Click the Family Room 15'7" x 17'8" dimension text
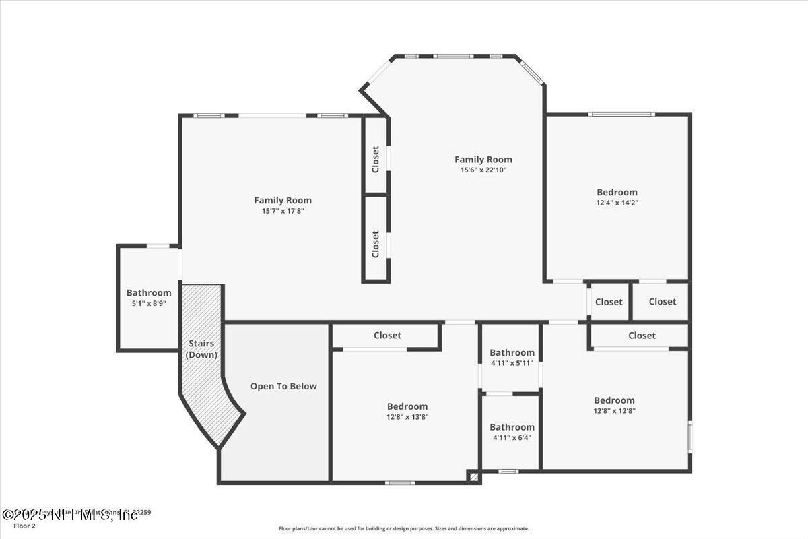pos(283,211)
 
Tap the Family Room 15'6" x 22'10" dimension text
pos(483,170)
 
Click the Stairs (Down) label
pos(202,349)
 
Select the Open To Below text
pos(283,386)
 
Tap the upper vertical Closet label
pos(376,159)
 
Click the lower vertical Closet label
pos(376,244)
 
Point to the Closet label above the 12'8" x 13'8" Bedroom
pos(387,335)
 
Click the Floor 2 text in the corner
pos(24,525)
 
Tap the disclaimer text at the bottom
pos(404,528)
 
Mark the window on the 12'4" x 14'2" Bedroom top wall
pos(621,114)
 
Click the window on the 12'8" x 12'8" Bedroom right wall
pos(689,436)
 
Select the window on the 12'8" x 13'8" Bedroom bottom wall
pos(400,482)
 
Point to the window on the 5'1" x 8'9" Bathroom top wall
pos(158,246)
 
